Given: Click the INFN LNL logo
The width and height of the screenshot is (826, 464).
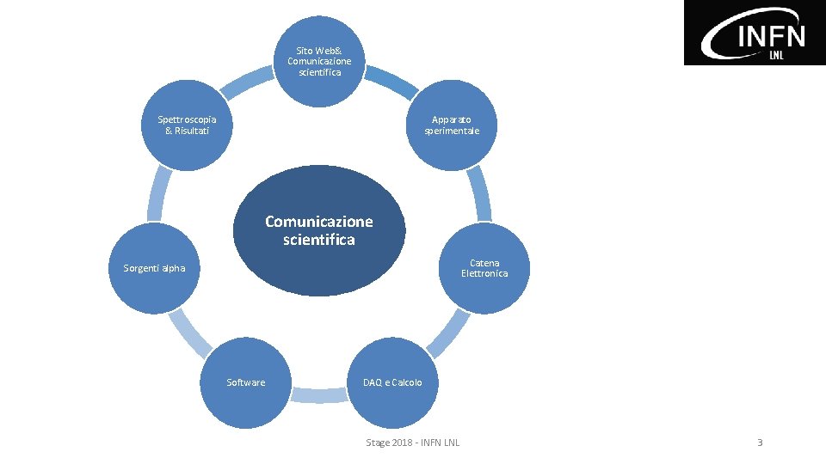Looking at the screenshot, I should click(755, 33).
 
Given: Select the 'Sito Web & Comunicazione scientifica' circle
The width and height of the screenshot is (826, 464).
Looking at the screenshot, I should click(319, 61).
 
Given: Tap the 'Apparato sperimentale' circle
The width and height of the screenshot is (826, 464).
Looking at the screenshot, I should click(452, 125).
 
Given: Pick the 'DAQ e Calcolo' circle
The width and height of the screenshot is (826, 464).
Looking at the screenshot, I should click(392, 382).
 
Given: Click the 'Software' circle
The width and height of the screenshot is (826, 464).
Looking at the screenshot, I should click(246, 382).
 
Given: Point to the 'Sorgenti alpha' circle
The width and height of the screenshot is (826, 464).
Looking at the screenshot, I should click(154, 268).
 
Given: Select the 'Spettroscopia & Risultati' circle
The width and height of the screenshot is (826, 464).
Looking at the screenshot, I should click(187, 125).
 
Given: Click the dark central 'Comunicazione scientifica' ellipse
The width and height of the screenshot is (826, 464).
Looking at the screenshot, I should click(319, 230).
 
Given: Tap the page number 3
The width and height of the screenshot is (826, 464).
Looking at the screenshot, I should click(760, 443).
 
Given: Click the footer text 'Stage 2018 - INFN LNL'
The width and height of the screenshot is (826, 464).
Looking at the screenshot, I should click(412, 443).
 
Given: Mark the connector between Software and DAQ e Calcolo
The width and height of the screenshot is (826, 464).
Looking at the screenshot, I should click(319, 395).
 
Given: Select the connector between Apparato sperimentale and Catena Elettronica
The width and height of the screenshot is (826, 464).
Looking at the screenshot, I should click(479, 193).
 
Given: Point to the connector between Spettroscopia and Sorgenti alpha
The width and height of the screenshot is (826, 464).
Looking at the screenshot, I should click(158, 193).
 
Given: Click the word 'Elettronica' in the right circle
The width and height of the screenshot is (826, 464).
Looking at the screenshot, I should click(484, 273).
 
